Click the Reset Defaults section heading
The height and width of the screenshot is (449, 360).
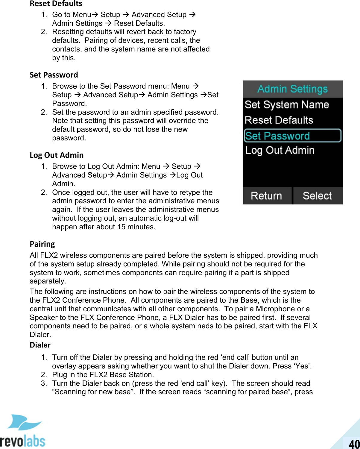click(56, 4)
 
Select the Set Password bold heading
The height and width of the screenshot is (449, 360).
click(54, 75)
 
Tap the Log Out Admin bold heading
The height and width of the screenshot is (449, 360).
click(57, 155)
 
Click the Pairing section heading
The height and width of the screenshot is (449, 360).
click(42, 244)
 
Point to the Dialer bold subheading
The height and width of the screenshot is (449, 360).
click(40, 345)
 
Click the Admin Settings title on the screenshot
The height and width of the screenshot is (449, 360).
click(292, 89)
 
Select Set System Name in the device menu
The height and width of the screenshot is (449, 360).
click(287, 104)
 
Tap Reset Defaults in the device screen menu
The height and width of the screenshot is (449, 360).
click(279, 120)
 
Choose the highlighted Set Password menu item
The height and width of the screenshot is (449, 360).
click(292, 136)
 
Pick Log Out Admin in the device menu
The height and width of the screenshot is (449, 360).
click(280, 150)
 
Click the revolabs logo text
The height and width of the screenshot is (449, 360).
click(22, 441)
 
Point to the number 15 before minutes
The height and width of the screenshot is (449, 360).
click(121, 227)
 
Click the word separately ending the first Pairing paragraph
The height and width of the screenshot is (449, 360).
click(47, 281)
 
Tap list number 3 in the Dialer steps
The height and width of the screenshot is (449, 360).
click(44, 383)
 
